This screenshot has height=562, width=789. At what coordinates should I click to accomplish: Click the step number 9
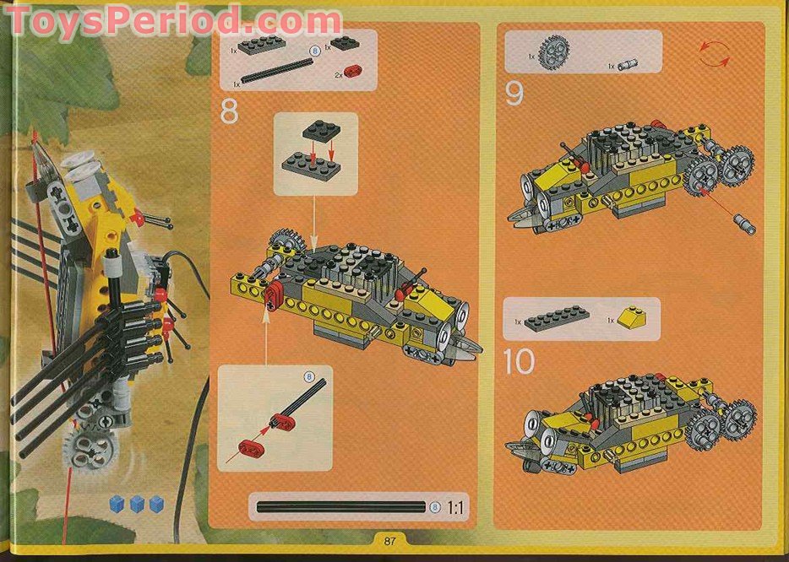coord(514,94)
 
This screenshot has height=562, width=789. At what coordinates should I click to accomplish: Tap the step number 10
coord(519,362)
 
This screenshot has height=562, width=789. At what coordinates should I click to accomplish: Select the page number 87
coord(389,541)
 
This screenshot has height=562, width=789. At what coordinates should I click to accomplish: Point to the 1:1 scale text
coord(455,508)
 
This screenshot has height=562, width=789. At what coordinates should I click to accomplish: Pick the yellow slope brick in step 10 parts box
coord(633,318)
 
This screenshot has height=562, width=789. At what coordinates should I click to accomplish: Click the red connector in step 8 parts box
coord(351,73)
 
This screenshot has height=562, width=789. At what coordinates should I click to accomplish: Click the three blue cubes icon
coord(136,505)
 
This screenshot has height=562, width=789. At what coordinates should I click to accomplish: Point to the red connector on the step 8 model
coord(273,296)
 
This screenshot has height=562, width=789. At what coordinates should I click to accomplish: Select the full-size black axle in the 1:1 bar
coord(341,507)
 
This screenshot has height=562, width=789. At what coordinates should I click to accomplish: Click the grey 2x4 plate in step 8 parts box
coord(261,46)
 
